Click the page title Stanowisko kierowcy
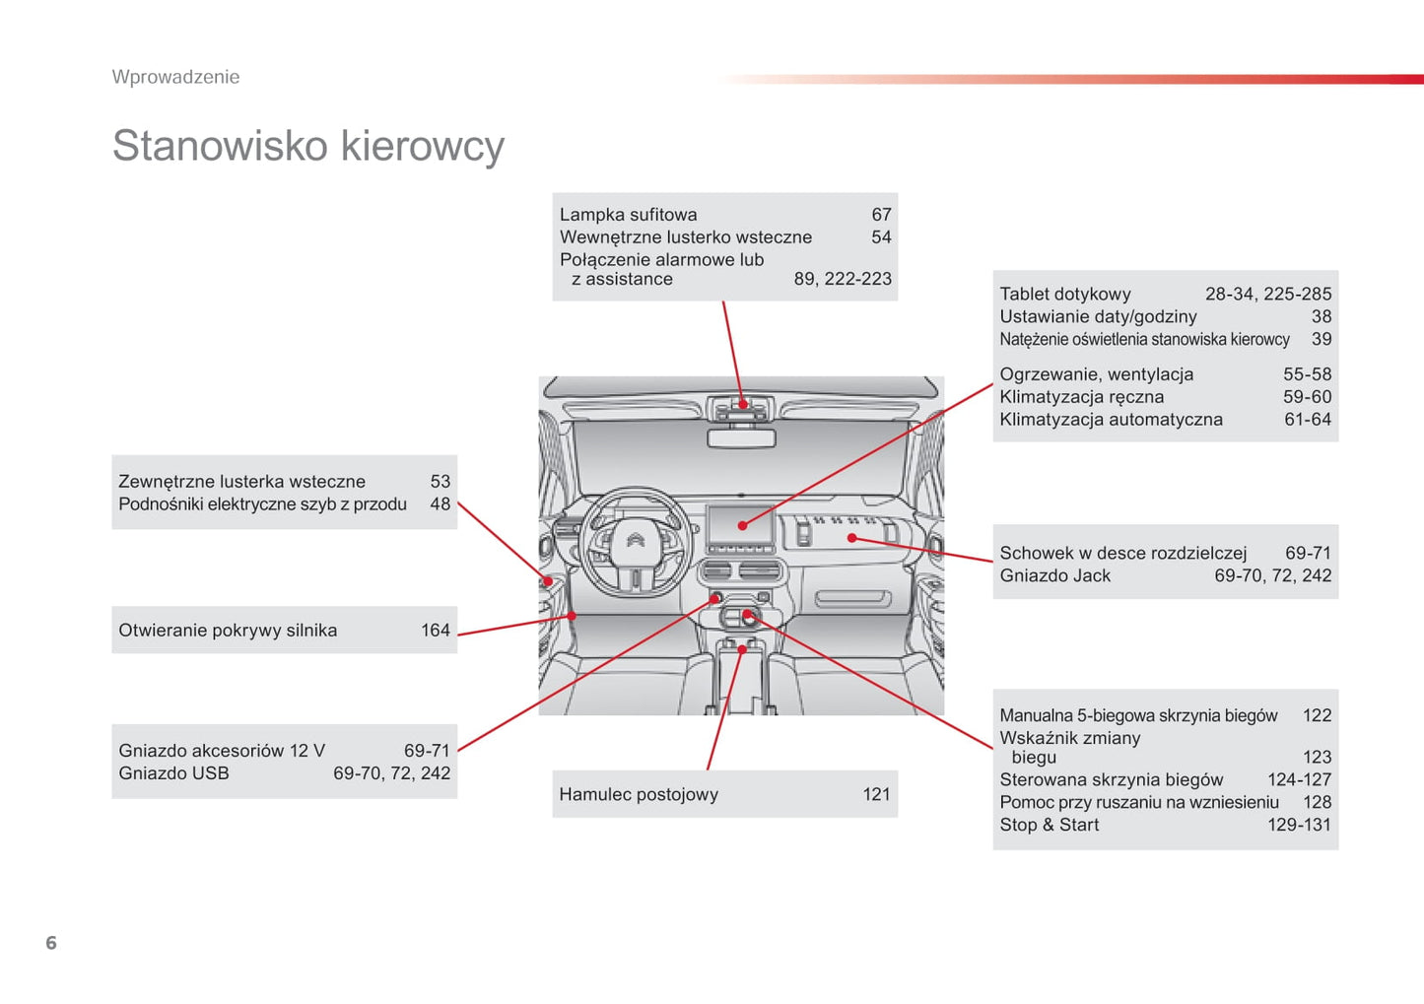[307, 146]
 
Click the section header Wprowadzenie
[175, 77]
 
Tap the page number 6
[51, 943]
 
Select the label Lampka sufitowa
[628, 215]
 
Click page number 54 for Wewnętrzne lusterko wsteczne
[881, 237]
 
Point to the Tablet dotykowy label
[1065, 294]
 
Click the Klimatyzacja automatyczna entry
[1111, 420]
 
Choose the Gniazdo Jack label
[1054, 576]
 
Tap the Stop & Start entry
[1049, 826]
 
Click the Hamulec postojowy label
[639, 795]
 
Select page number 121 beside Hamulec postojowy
[876, 795]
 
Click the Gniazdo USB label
[173, 773]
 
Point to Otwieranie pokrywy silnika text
[228, 631]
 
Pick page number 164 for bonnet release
[435, 631]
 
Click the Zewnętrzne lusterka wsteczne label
[241, 482]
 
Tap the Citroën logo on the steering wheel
[635, 540]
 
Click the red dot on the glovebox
[852, 538]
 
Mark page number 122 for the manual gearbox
[1317, 716]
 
